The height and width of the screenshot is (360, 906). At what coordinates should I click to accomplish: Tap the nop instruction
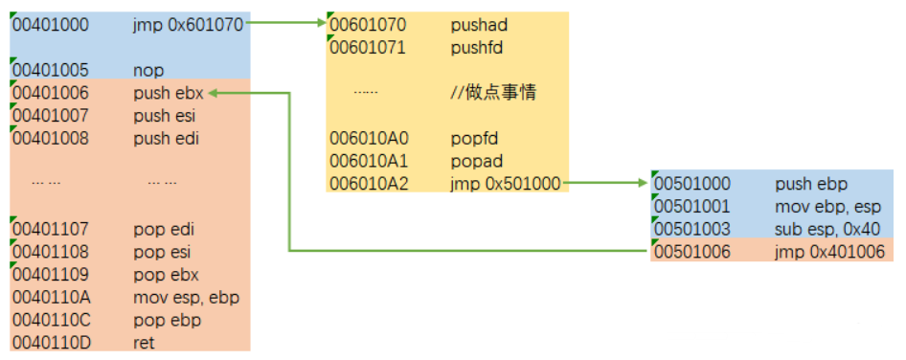148,70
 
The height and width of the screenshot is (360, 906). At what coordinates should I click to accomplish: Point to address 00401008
50,138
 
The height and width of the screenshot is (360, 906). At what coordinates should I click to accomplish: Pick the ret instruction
144,342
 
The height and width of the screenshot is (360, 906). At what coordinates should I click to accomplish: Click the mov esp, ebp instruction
186,297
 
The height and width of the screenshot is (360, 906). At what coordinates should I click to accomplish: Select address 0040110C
50,320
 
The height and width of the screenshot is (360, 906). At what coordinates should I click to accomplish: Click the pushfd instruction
476,47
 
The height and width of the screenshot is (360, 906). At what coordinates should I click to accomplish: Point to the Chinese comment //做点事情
493,93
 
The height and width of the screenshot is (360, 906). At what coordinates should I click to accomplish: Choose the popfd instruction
472,138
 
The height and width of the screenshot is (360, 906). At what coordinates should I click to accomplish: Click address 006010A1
369,160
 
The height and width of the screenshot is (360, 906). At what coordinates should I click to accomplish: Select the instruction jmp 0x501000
506,183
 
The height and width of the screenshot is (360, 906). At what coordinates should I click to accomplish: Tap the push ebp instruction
811,183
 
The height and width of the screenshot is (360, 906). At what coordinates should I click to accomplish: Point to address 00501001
692,206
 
